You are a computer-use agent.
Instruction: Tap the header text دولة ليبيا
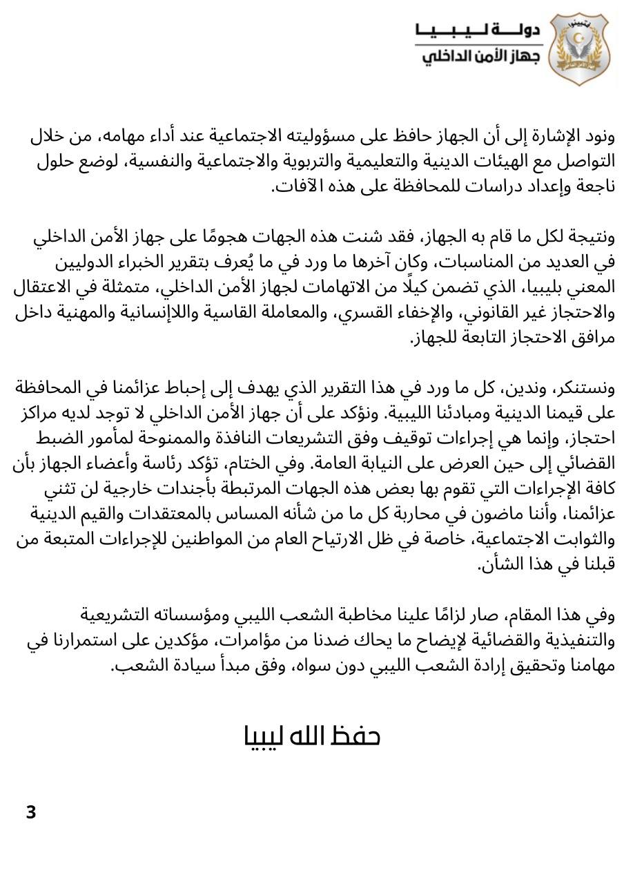click(x=476, y=30)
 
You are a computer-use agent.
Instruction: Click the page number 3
click(x=30, y=811)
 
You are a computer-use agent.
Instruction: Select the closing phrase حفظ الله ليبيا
click(x=312, y=736)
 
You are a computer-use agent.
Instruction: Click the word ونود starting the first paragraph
click(x=596, y=137)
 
